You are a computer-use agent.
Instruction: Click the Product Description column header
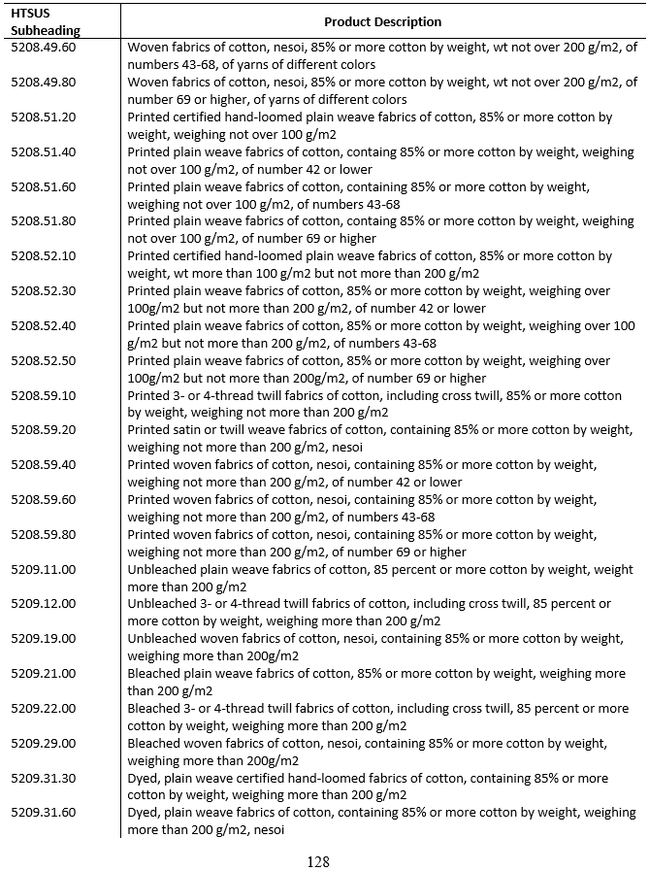coord(382,21)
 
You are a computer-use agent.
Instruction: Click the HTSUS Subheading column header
coord(46,21)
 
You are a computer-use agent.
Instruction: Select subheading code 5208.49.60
coord(43,48)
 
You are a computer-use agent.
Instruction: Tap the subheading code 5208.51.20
coord(43,117)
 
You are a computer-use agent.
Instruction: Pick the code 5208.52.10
coord(43,256)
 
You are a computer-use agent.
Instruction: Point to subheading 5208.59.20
coord(43,430)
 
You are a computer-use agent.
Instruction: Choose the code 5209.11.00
coord(43,569)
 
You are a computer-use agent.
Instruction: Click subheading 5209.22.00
coord(43,708)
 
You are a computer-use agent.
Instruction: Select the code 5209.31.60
coord(43,813)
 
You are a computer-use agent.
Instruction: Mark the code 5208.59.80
coord(43,534)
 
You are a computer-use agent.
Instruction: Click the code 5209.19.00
coord(43,639)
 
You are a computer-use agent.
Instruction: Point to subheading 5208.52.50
coord(43,360)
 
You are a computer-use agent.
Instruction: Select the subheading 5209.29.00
coord(43,743)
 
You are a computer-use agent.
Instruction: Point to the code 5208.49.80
coord(43,83)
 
